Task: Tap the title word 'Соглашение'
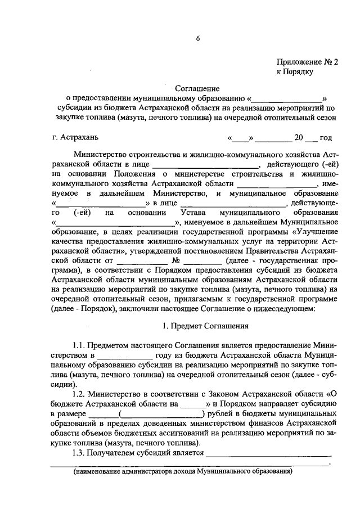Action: (x=197, y=88)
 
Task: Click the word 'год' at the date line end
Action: (x=326, y=138)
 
